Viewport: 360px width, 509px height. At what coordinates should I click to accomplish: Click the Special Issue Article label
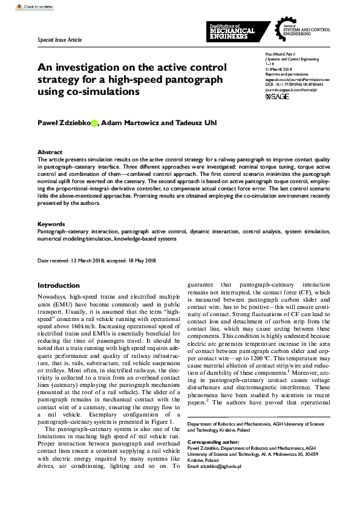click(60, 41)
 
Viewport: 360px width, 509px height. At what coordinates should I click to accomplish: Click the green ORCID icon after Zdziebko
click(94, 123)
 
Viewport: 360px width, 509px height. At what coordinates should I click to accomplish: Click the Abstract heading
click(50, 152)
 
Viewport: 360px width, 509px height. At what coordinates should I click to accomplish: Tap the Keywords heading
click(51, 224)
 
